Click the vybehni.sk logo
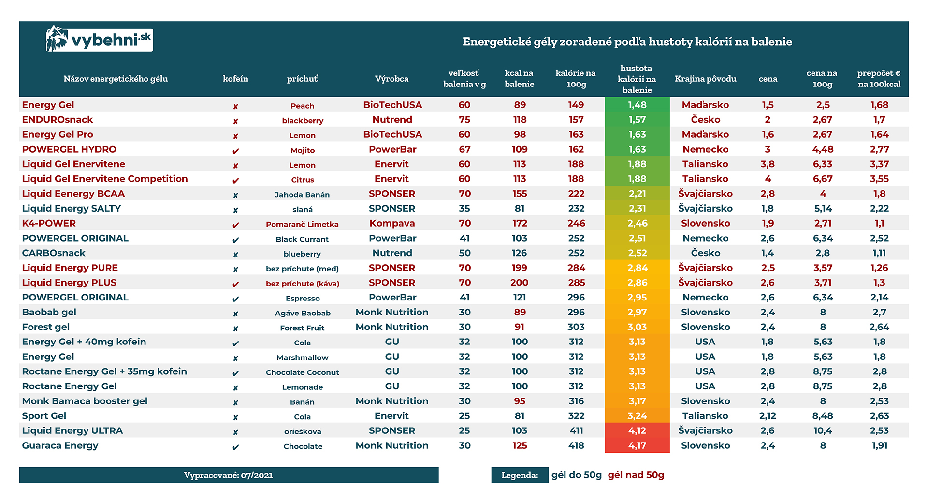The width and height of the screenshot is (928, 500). coord(99,39)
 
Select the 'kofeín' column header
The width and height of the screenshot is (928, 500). coord(235,79)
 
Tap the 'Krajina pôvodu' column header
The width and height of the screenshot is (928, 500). coord(705,79)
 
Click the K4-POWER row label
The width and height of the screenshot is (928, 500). coord(49,223)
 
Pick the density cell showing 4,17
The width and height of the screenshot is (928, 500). coord(637,445)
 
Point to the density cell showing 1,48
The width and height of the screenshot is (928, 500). coord(637,105)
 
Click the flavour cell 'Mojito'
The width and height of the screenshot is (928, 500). coord(303,150)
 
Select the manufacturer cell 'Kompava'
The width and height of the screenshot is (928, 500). coord(392,223)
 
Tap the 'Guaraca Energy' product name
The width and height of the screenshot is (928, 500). coord(60,445)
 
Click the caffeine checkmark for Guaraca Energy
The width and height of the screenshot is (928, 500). coord(235,447)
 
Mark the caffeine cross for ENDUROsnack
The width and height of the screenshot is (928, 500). coord(235,121)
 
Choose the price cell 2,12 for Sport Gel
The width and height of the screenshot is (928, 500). coord(768,416)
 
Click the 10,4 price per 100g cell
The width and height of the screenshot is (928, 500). coord(823,430)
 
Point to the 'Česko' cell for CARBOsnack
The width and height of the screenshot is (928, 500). coord(705,253)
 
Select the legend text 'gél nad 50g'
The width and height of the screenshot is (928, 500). coord(636,475)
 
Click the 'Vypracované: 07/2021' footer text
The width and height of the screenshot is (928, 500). coord(229,475)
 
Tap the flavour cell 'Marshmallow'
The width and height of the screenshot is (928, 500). coord(303,357)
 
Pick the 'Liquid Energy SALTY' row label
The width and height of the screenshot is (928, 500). coord(72,209)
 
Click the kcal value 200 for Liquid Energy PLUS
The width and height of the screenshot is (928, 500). coord(519,283)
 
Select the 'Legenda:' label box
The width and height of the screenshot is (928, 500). coord(520,475)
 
